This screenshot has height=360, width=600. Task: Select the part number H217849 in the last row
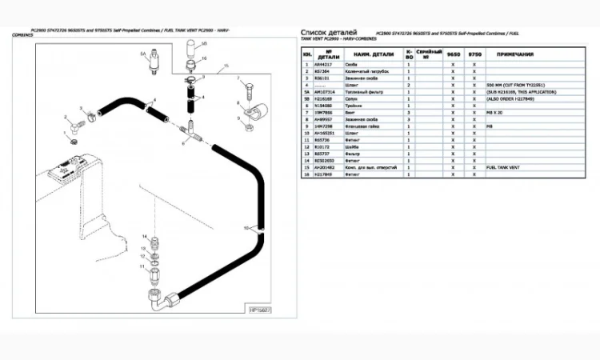(x=324, y=174)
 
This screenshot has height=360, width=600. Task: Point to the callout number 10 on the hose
(x=246, y=228)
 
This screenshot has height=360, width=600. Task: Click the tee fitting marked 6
(x=188, y=127)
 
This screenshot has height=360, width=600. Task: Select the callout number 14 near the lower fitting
(x=144, y=238)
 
